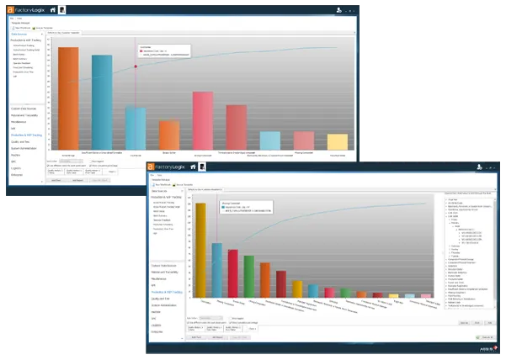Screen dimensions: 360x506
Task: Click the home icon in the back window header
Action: tap(52, 8)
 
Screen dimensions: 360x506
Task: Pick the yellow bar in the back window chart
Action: tap(337, 141)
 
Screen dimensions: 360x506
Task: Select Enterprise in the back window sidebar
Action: tap(18, 175)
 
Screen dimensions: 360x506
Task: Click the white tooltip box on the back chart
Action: tap(163, 52)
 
